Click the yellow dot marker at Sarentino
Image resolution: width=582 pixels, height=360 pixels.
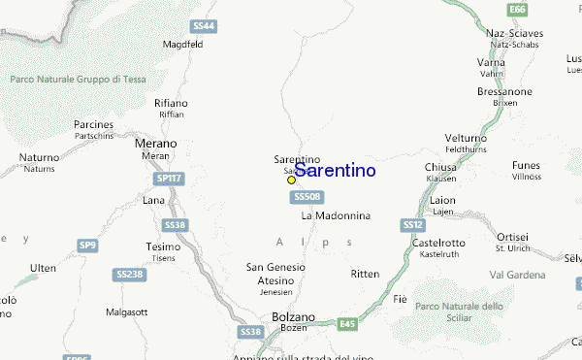coord(291,180)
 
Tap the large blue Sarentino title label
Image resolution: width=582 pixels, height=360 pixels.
coord(335,171)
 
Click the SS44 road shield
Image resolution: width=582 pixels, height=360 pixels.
coord(204,25)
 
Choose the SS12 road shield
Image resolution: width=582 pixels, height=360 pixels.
coord(411,225)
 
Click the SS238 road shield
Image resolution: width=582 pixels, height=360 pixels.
coord(128,275)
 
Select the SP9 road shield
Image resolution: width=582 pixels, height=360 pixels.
coord(87,245)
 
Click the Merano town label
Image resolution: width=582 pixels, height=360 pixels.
coord(155,144)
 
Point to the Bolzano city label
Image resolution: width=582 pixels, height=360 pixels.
coord(293,317)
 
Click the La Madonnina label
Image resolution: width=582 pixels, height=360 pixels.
coord(336,215)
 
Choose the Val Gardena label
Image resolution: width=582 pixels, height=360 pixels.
coord(545,275)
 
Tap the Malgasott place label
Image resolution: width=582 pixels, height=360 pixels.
coord(127,311)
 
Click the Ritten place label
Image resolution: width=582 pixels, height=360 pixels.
coord(365,274)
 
